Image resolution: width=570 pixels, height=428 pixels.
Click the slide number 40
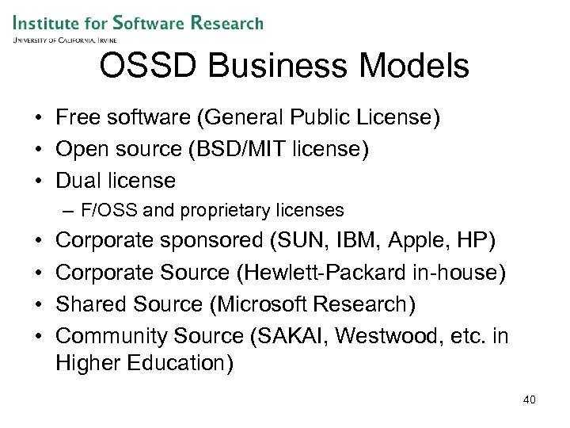[x=530, y=399]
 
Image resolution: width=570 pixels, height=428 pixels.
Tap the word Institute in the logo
[x=47, y=22]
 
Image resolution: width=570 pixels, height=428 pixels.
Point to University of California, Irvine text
[x=64, y=40]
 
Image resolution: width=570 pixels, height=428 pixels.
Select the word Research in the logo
[x=226, y=22]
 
